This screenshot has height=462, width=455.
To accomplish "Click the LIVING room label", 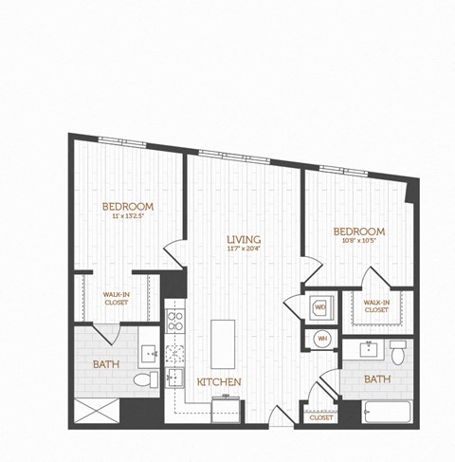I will pyautogui.click(x=244, y=238).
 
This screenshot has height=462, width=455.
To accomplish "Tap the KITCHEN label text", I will pyautogui.click(x=219, y=381).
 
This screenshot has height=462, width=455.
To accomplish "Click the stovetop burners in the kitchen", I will pyautogui.click(x=175, y=320).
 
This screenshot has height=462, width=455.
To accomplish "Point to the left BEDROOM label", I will pyautogui.click(x=128, y=207).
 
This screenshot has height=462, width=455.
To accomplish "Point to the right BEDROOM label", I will pyautogui.click(x=359, y=231).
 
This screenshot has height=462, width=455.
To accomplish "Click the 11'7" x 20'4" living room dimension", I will pyautogui.click(x=244, y=249).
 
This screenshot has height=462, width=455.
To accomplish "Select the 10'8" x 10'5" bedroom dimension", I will pyautogui.click(x=359, y=242).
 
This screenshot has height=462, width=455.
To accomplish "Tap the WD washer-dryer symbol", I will pyautogui.click(x=319, y=307).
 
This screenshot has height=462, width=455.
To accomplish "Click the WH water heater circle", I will pyautogui.click(x=321, y=338).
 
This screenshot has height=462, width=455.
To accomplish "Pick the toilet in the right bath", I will pyautogui.click(x=399, y=353).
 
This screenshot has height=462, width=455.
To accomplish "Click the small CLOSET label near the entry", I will pyautogui.click(x=321, y=416).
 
